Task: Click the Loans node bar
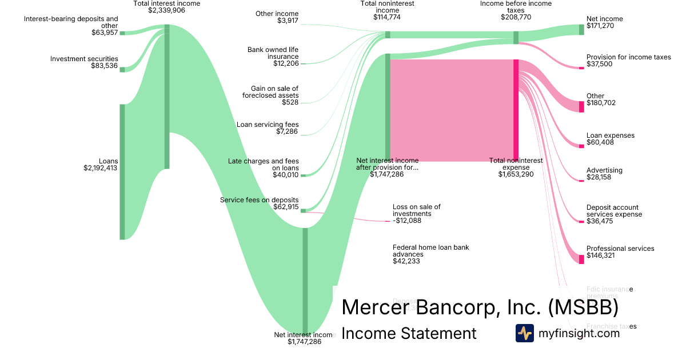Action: tap(122, 171)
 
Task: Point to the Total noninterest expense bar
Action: tap(516, 110)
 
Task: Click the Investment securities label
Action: tap(84, 59)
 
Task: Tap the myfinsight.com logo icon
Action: tap(525, 333)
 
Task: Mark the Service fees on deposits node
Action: tap(303, 211)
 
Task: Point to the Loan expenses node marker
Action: tap(581, 146)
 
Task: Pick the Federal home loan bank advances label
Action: tap(430, 251)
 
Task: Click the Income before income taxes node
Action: tap(516, 38)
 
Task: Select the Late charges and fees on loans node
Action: tap(303, 175)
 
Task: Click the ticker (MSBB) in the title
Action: tap(583, 307)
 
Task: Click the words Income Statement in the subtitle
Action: tap(409, 333)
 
